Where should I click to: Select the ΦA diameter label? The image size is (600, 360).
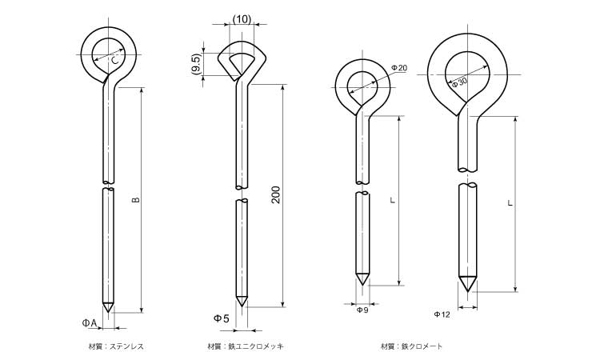coord(90,323)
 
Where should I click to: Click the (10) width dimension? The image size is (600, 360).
coord(242,19)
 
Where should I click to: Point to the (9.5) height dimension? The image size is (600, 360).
coord(196,64)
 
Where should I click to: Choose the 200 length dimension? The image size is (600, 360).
coord(276,194)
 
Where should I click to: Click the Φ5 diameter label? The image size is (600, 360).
coord(222,318)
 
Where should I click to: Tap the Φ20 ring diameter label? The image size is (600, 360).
coord(399,68)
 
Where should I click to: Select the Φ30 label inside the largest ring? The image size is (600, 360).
coord(459,82)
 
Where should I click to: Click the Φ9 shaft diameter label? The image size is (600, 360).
coord(362,310)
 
